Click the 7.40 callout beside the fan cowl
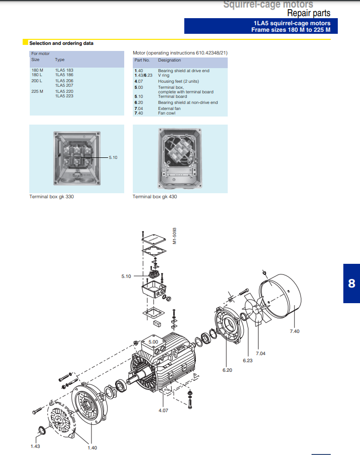pos(294,331)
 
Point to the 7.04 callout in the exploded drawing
pos(261,354)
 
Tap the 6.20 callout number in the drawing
pos(227,370)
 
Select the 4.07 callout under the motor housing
pos(163,410)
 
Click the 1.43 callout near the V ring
pos(35,446)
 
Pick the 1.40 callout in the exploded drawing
pos(92,448)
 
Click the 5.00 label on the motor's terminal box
pos(153,342)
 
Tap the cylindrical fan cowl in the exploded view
pos(280,296)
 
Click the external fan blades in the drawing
pos(257,310)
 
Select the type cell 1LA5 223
pos(64,96)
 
